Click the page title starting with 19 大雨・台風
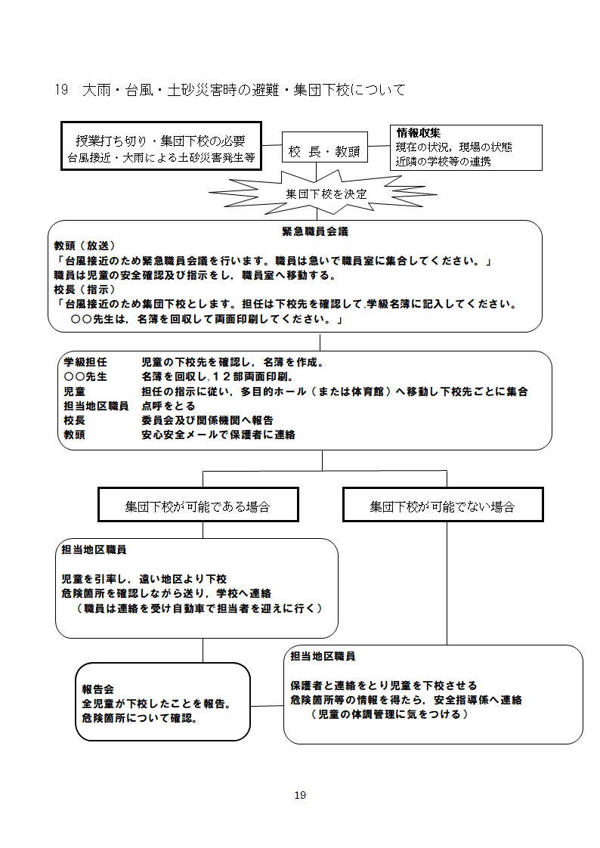[230, 90]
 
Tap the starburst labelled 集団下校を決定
[326, 193]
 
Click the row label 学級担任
[85, 362]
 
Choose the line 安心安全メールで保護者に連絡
[218, 435]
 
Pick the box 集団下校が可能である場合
[197, 506]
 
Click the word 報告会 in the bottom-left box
[97, 689]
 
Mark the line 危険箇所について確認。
[140, 718]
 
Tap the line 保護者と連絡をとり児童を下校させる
[384, 686]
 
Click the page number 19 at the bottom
[300, 794]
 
